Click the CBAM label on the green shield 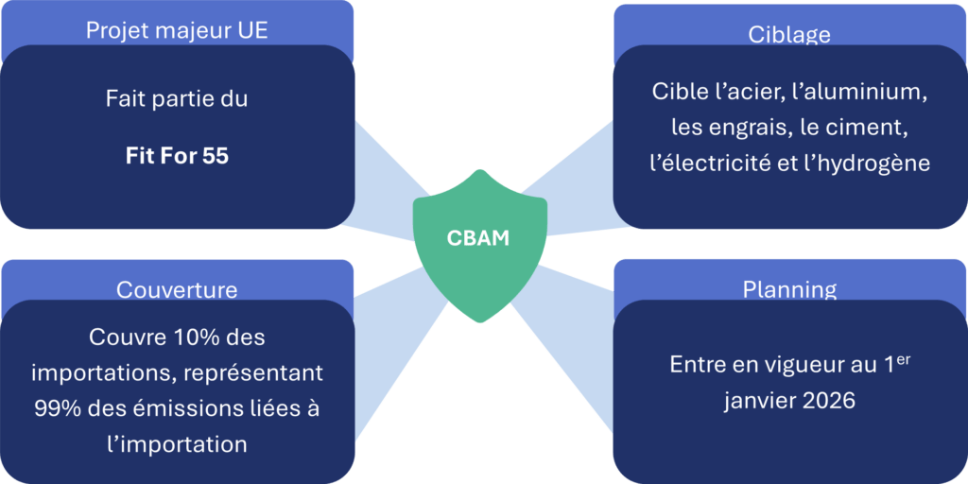[477, 237]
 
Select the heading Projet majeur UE [177, 30]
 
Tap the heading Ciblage [788, 35]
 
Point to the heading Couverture [177, 289]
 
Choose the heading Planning [788, 288]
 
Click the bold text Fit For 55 [177, 156]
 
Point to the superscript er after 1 [902, 358]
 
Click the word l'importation [177, 444]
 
